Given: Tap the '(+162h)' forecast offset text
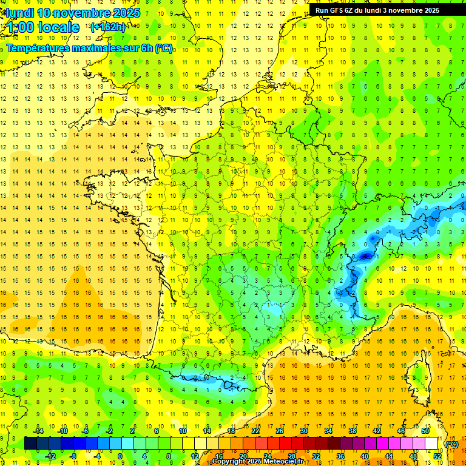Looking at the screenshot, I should [x=107, y=27].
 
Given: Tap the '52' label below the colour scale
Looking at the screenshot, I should [x=437, y=456].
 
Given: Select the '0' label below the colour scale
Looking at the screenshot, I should [x=120, y=456].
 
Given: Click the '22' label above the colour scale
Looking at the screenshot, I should [x=255, y=431].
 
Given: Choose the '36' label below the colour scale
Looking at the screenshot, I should [x=340, y=456].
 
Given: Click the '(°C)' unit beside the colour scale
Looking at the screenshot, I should [x=452, y=444].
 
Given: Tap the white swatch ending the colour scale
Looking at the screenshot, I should [x=431, y=444].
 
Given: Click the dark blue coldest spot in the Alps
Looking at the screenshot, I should [x=365, y=256].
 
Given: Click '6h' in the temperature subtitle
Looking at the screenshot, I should [x=146, y=48].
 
